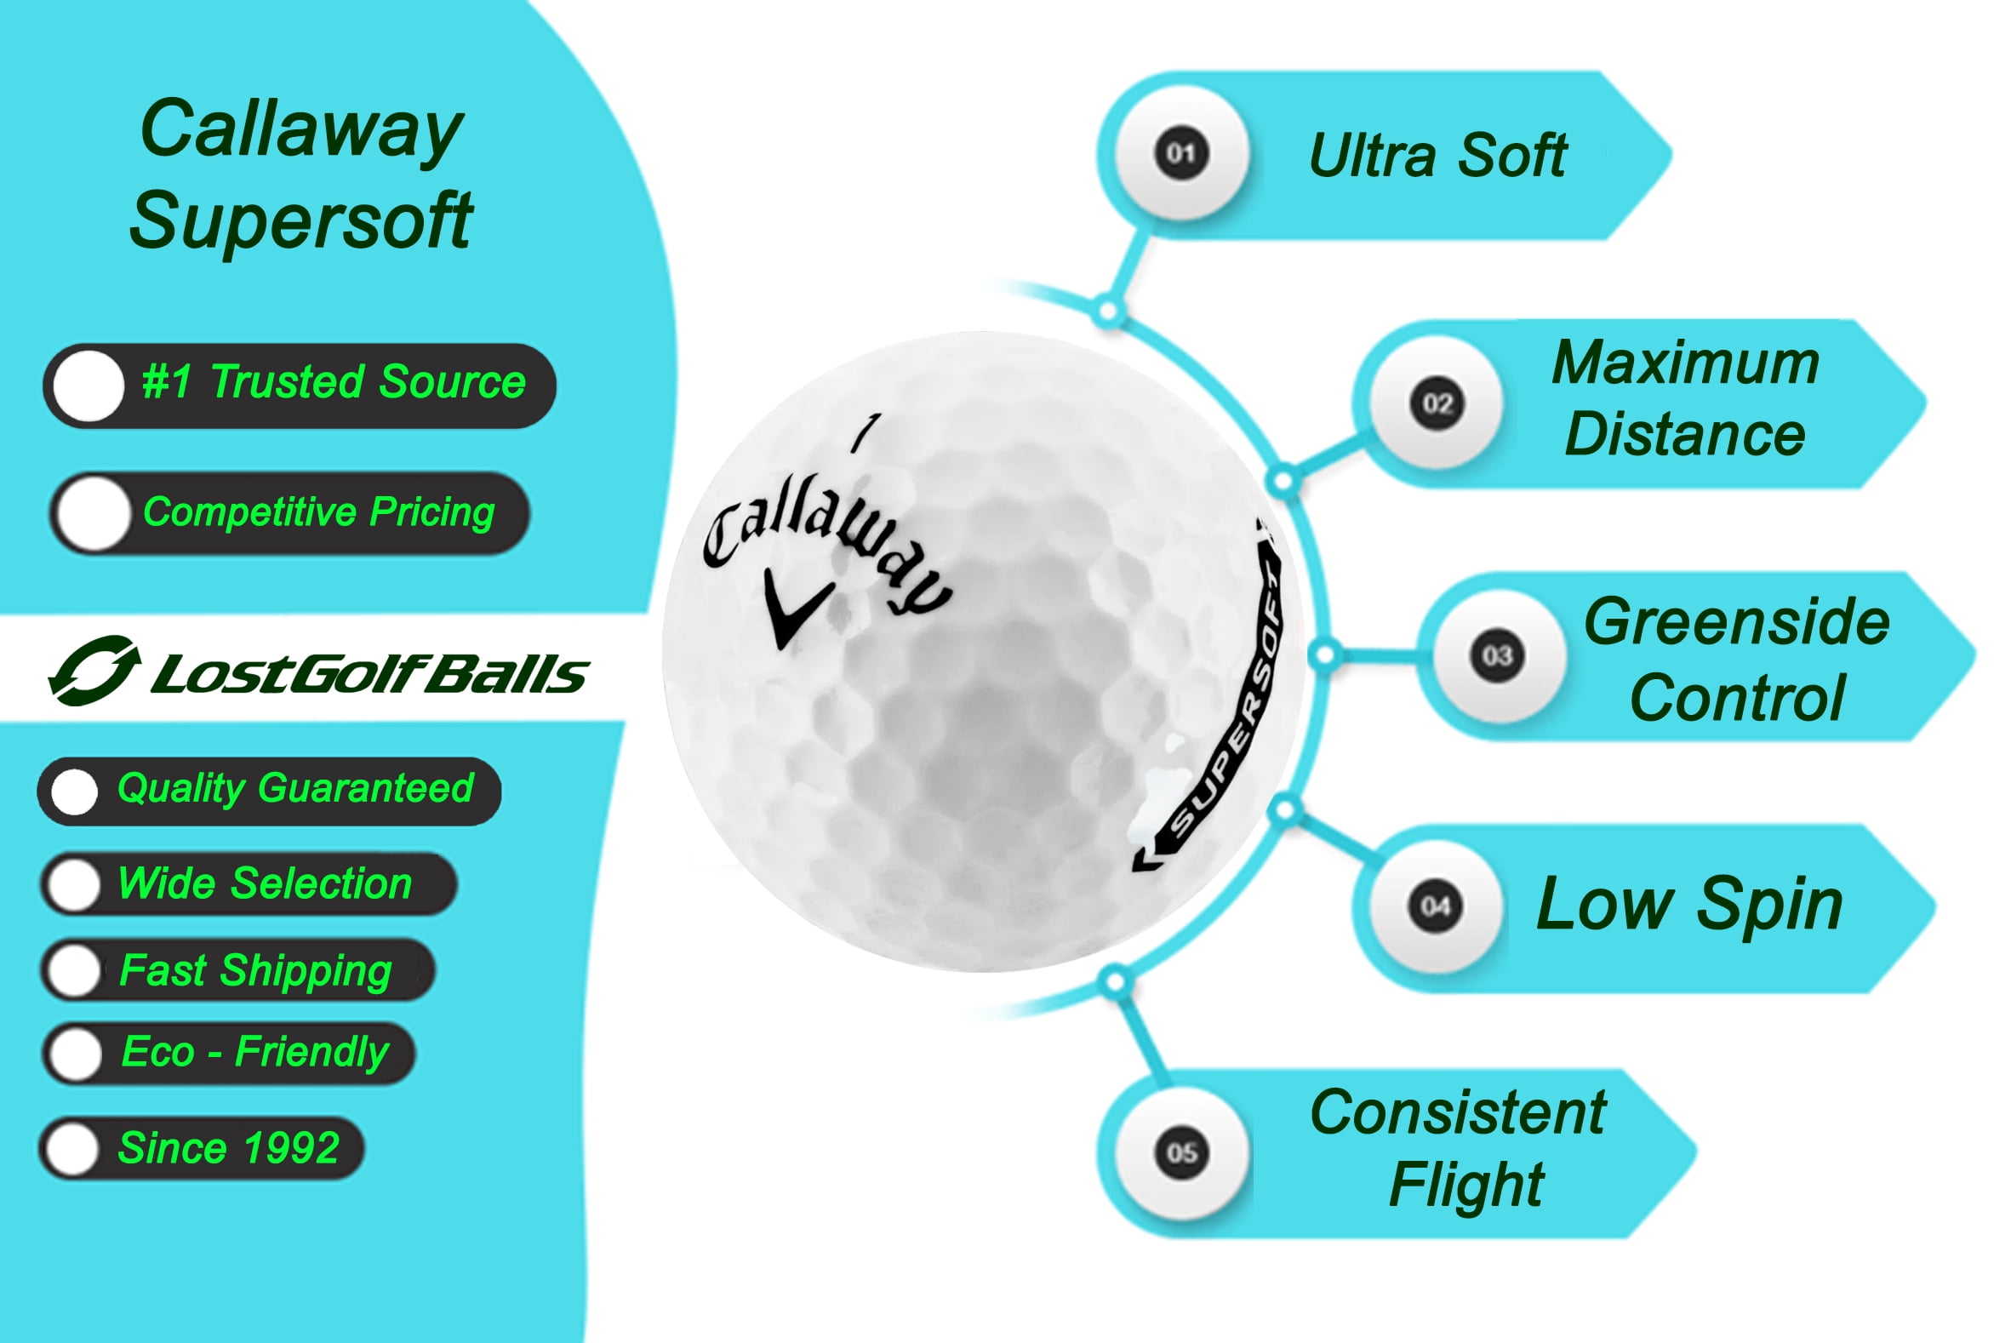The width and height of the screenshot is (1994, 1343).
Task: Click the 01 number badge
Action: [x=1180, y=154]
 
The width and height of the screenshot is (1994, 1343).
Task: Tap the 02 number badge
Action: [x=1437, y=403]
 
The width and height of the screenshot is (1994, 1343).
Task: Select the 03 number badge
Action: [x=1496, y=656]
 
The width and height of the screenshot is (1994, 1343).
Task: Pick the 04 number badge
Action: [x=1436, y=906]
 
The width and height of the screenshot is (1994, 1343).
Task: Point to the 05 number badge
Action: [x=1181, y=1152]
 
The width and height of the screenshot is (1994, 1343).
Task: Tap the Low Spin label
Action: [x=1689, y=904]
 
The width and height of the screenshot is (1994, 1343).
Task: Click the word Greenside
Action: [x=1736, y=621]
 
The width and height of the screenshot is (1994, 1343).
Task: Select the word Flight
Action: [x=1466, y=1185]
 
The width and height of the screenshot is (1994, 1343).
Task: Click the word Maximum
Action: [x=1685, y=363]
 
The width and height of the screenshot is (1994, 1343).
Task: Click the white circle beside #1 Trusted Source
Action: [x=89, y=386]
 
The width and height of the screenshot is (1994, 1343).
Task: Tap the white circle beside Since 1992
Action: [x=73, y=1149]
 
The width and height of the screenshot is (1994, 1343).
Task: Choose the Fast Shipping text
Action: [x=255, y=970]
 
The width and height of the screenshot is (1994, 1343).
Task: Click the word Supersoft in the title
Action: [x=300, y=220]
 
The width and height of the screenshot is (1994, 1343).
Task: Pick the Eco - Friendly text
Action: [x=255, y=1052]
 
